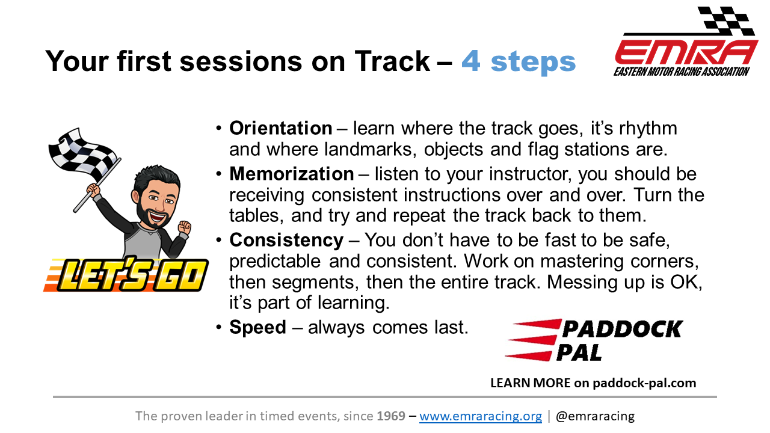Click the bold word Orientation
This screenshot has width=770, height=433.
coord(280,128)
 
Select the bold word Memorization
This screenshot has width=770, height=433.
coord(292,174)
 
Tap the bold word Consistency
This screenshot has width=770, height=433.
coord(286,240)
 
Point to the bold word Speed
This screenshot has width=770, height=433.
coord(258,327)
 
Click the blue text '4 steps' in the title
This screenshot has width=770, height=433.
coord(519,62)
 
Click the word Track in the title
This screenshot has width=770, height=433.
coord(392,61)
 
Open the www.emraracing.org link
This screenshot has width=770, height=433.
coord(481,416)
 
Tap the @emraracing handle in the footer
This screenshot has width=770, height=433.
coord(595,416)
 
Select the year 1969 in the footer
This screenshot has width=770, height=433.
coord(391,416)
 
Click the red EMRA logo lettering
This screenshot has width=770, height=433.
coord(685,52)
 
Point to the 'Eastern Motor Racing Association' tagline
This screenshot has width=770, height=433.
coord(682,72)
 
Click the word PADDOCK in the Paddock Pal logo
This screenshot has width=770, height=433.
coord(622,329)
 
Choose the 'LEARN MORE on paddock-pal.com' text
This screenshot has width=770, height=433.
coord(593,383)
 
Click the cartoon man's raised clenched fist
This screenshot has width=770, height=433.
coord(185,227)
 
